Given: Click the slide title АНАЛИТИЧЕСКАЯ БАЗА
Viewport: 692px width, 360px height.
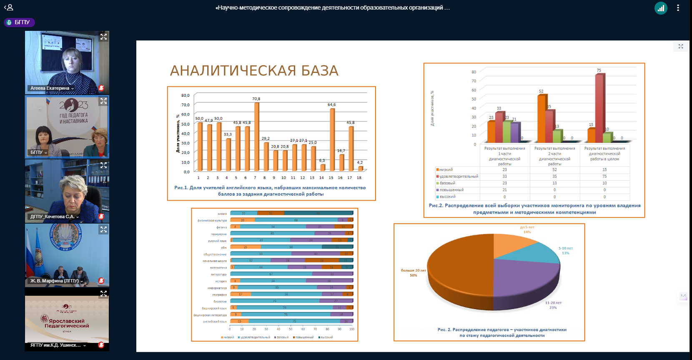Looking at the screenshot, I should click(254, 71).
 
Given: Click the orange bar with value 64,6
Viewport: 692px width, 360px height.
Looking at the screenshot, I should click(332, 139).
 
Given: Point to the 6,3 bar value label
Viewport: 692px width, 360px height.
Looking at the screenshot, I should click(322, 161).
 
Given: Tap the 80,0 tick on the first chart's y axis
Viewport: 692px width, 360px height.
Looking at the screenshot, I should click(186, 96).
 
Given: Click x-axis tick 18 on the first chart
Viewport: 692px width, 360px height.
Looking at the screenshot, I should click(359, 178).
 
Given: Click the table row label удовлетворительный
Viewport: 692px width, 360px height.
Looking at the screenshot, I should click(458, 176).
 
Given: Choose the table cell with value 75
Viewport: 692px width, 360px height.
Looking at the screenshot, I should click(604, 176).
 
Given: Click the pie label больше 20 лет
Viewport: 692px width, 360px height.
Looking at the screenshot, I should click(414, 270).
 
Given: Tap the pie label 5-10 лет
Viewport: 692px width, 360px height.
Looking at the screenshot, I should click(566, 248).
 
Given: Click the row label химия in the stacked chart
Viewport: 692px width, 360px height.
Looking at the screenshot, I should click(222, 214).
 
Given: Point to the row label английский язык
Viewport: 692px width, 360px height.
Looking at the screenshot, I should click(215, 322).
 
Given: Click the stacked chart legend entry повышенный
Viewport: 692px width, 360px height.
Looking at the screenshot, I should click(304, 337).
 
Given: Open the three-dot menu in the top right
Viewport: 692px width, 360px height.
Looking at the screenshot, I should click(678, 8).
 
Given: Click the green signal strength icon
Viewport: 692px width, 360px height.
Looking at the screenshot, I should click(661, 8).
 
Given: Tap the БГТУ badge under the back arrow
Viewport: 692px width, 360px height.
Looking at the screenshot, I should click(19, 23).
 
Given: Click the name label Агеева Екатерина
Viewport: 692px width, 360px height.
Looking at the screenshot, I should click(50, 88).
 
